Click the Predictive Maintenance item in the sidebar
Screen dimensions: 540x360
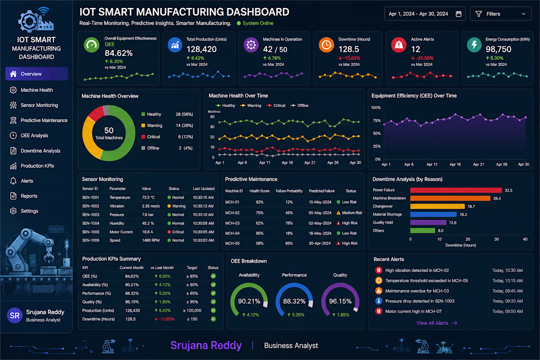tap(39, 120)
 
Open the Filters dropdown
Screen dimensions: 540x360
tap(500, 14)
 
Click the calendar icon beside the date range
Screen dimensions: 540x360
tap(459, 14)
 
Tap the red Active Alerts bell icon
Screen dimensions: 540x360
tap(399, 45)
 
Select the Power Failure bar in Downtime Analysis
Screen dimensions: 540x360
tap(456, 190)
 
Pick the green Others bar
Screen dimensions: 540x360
tap(423, 230)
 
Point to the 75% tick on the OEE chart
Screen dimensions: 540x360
tap(377, 121)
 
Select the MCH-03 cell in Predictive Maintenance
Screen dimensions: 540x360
tap(232, 223)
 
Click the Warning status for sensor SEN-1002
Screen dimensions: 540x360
tap(176, 206)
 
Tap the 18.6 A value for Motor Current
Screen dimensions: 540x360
tap(147, 232)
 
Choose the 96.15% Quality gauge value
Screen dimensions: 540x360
tap(340, 301)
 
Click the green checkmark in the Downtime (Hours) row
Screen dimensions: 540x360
tap(213, 319)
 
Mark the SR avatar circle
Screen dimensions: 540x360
tap(15, 316)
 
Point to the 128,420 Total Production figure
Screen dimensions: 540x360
tap(201, 49)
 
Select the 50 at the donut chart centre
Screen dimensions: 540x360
tap(109, 130)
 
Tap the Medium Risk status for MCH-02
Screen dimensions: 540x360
tap(349, 213)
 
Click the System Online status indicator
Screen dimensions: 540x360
tap(255, 23)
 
